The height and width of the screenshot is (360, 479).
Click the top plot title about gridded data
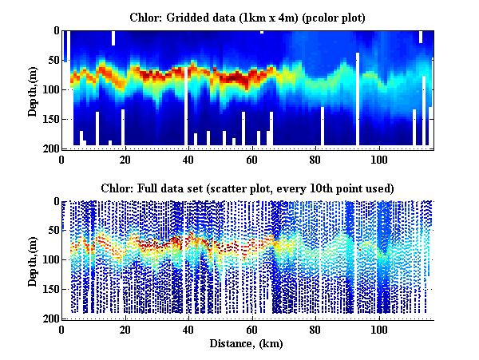(248, 17)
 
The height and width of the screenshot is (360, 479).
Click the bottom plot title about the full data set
(247, 188)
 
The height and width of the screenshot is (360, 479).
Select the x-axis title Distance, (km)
(247, 344)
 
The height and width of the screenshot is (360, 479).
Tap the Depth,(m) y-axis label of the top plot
(33, 89)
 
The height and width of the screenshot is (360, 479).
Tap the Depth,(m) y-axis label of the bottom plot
(33, 260)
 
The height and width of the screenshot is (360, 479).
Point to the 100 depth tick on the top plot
(52, 89)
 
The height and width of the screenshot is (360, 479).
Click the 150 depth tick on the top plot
(52, 119)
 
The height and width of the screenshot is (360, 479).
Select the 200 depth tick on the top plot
(52, 148)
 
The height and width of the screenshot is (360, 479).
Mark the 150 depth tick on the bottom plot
(52, 290)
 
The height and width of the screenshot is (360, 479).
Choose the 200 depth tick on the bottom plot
(52, 319)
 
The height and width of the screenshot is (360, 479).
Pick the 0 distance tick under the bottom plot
(62, 330)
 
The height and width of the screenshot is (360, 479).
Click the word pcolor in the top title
(323, 17)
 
